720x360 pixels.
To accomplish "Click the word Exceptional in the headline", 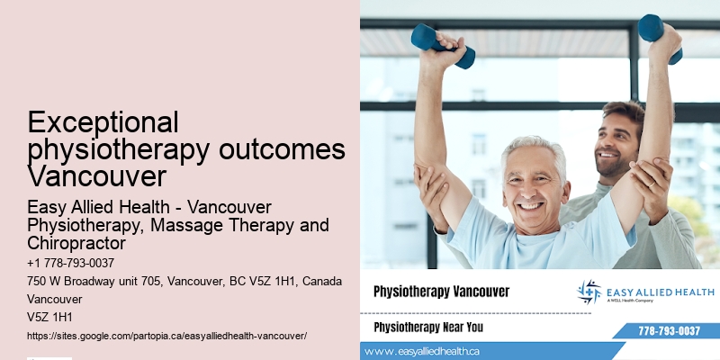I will click(103, 122).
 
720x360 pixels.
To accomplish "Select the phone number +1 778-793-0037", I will click(71, 263).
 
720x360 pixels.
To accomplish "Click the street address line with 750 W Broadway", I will click(184, 282).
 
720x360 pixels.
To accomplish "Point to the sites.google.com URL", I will click(167, 335).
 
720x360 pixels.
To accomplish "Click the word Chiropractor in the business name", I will click(76, 244).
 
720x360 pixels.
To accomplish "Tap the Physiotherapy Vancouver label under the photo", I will click(441, 292).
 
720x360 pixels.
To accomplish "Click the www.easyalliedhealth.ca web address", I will click(423, 351).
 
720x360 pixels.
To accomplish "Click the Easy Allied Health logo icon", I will click(589, 292).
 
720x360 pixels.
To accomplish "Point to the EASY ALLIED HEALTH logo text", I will click(660, 292).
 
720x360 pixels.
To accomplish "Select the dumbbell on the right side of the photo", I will click(660, 35).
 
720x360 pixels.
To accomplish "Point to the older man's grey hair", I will click(533, 148).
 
